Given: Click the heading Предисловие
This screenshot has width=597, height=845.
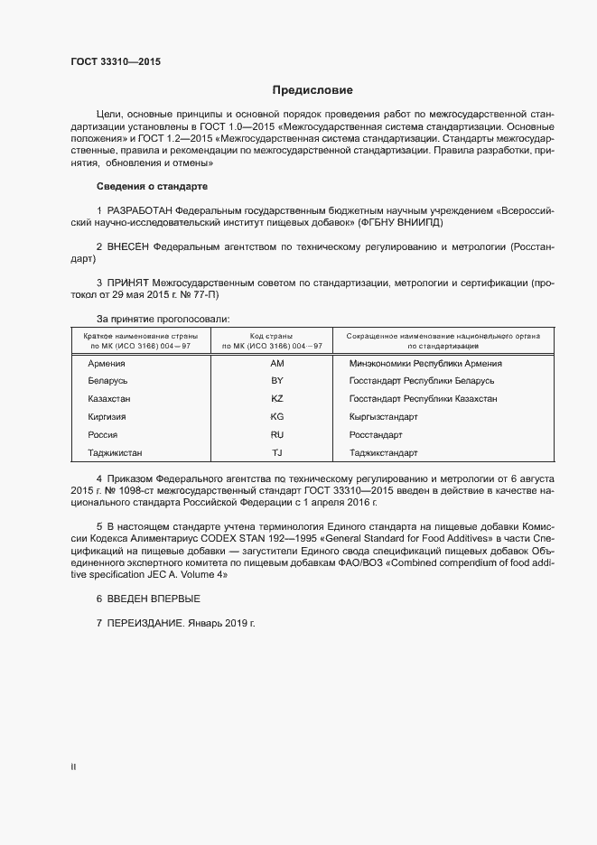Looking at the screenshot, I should [x=313, y=90].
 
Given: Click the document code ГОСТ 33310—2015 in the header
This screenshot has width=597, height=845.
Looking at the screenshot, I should [x=115, y=61].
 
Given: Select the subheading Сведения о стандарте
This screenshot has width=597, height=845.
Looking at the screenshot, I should [x=152, y=186].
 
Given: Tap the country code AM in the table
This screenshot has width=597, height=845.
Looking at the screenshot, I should [x=277, y=363].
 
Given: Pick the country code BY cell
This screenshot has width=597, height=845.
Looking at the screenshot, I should [x=277, y=381].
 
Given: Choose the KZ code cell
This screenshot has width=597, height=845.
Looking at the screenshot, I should [x=277, y=399].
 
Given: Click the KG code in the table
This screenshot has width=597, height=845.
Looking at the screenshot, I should [x=277, y=417].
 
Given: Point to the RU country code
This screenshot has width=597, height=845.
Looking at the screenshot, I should [x=277, y=434].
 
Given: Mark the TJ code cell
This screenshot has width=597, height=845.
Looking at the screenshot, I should [x=277, y=452].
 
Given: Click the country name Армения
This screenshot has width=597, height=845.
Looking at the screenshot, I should [x=106, y=363].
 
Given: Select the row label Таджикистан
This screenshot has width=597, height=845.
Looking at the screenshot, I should [x=115, y=452].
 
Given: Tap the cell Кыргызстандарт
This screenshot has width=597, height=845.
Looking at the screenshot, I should [x=383, y=417].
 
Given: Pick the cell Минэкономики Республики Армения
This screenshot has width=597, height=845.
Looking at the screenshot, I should [x=425, y=363].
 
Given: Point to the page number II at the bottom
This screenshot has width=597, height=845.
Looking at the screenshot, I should [x=73, y=767].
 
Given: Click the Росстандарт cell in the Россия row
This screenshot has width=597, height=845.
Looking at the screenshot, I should [x=376, y=434].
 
